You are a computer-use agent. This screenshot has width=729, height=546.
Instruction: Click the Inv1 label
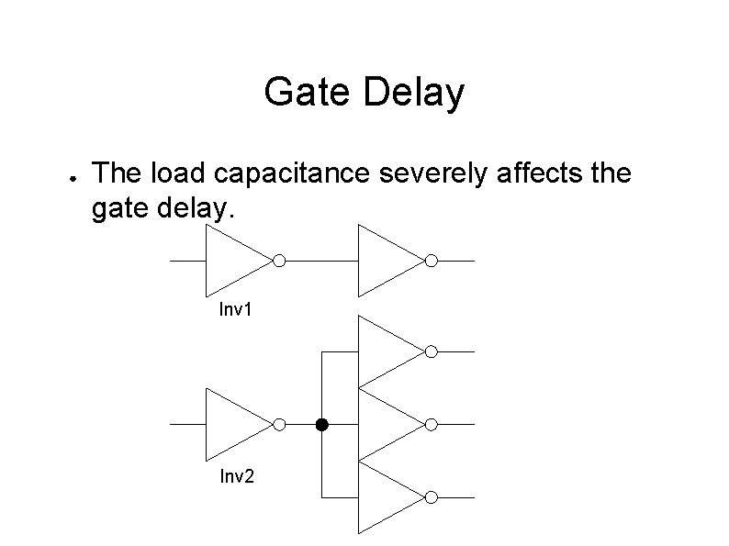235,310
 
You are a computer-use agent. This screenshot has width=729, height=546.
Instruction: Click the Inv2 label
236,475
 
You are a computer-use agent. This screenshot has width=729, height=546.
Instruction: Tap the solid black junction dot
321,424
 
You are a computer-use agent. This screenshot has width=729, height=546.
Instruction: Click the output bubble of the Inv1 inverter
279,261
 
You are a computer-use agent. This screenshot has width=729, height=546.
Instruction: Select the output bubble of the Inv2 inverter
279,424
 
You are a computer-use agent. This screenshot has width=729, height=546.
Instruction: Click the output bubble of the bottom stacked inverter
431,496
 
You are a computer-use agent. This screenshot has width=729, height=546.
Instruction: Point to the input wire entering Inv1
187,261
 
